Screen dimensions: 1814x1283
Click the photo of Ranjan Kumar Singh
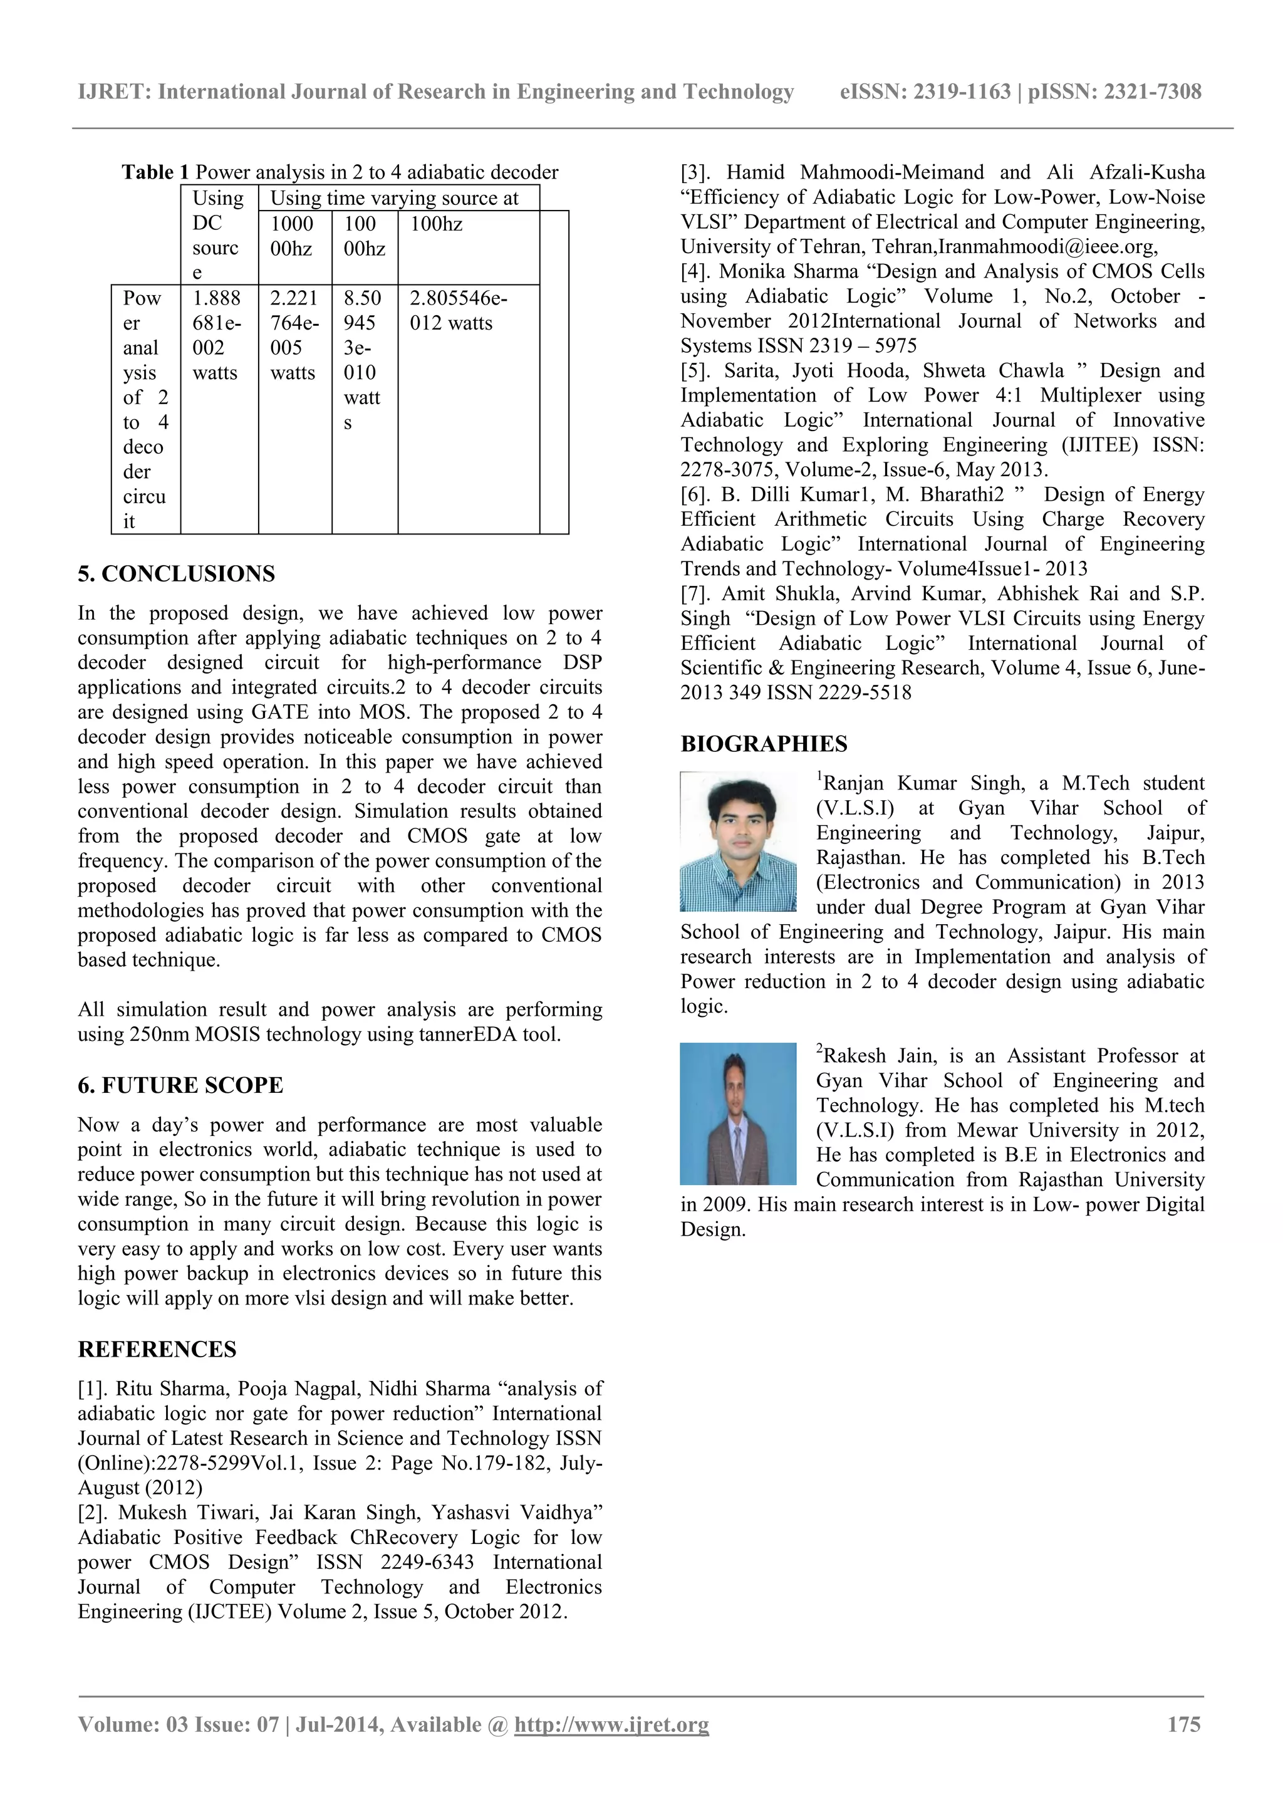(x=738, y=842)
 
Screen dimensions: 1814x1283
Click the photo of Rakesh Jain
(x=738, y=1114)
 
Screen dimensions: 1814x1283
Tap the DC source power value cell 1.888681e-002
(x=217, y=335)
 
